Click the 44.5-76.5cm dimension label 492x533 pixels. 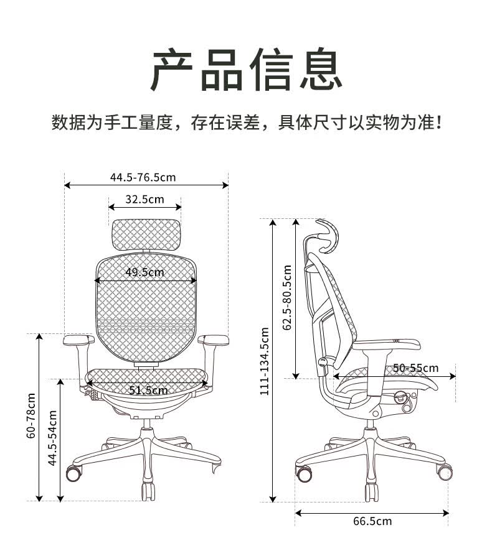point(143,177)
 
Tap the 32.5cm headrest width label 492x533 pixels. point(144,199)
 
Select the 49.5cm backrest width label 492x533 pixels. point(144,272)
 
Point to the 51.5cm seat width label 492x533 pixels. point(148,390)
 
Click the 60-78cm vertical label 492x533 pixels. point(31,415)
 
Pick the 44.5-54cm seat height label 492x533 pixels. point(52,438)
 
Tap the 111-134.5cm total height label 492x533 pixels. point(265,361)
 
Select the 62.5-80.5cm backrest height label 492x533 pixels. point(287,297)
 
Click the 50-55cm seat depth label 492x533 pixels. point(416,368)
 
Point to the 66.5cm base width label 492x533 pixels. point(372,521)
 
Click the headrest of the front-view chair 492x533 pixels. point(146,235)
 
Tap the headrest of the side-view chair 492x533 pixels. point(328,236)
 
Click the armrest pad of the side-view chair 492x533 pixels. point(387,344)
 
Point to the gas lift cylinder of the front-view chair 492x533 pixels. point(147,424)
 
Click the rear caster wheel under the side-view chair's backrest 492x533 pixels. point(304,473)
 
